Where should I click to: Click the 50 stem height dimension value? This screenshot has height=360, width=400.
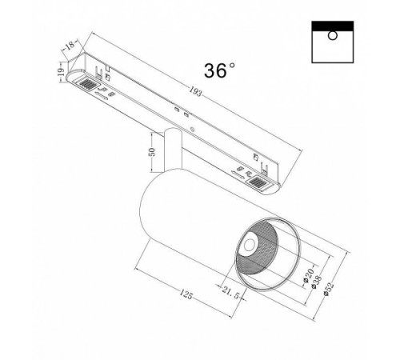[x=152, y=153]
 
